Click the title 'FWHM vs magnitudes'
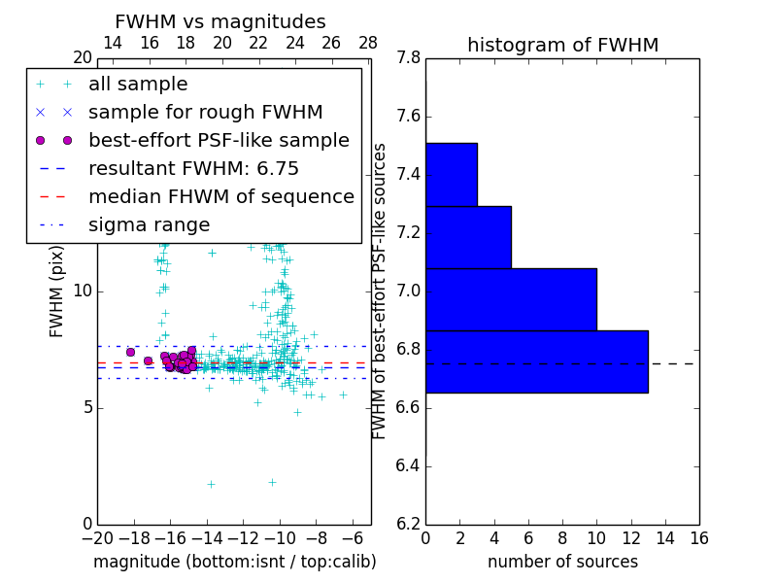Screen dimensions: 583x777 tap(220, 21)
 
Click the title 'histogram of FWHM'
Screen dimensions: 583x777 tap(562, 45)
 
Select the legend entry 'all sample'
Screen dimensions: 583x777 tap(138, 85)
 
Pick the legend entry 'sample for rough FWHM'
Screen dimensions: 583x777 tap(205, 113)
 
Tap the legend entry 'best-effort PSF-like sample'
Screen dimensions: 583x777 tap(219, 141)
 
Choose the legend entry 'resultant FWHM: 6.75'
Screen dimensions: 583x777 tap(193, 169)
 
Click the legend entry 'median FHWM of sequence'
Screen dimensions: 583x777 tap(220, 197)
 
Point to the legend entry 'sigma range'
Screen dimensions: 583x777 tap(149, 225)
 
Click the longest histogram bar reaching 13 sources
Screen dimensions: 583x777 tap(536, 361)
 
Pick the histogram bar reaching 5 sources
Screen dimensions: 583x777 tap(468, 237)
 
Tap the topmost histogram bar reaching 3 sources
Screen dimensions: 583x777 tap(451, 175)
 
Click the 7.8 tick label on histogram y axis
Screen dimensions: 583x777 tap(409, 58)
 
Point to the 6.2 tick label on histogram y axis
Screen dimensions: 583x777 tap(409, 524)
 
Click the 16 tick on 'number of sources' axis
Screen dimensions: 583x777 tap(698, 538)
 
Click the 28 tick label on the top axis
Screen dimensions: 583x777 tap(368, 43)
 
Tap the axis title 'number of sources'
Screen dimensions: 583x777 tap(562, 562)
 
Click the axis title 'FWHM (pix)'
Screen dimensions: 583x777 tap(57, 291)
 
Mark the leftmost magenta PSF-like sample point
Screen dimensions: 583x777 tap(130, 352)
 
